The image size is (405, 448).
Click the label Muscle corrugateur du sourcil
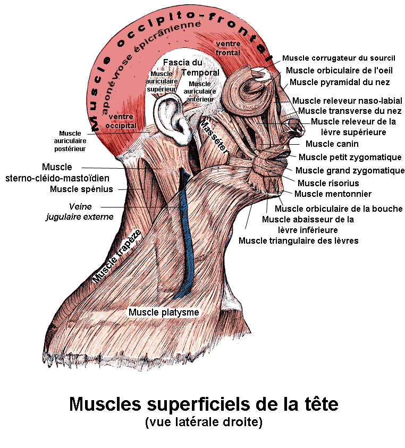tap(339, 58)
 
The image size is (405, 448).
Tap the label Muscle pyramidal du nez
tap(340, 82)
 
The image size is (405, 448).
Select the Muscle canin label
tap(332, 144)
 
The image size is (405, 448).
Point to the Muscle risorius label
tap(328, 183)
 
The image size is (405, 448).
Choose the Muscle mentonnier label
tap(333, 194)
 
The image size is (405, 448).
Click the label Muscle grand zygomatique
tap(350, 170)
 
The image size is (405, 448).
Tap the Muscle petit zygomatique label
tap(350, 157)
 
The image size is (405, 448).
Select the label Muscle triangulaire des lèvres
tap(298, 240)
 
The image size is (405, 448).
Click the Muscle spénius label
tap(81, 189)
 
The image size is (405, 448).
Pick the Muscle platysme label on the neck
tap(164, 312)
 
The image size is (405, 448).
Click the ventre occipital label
tap(122, 121)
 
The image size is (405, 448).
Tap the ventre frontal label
tap(228, 48)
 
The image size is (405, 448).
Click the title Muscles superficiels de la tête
tap(204, 404)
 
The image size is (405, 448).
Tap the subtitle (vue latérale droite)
tap(204, 423)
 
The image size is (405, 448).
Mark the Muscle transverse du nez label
tap(349, 111)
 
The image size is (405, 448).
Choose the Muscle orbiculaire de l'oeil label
tap(339, 70)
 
